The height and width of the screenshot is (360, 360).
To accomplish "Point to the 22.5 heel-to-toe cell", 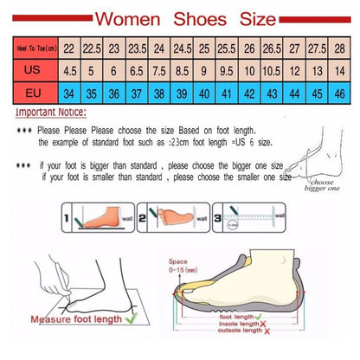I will pos(91,49).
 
